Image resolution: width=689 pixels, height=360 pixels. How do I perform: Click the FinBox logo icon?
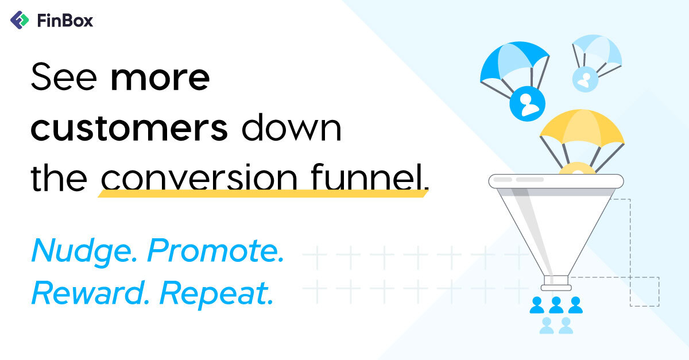click(x=20, y=21)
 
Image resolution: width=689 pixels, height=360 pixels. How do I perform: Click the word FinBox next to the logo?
click(x=64, y=21)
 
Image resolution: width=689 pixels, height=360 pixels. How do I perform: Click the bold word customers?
click(x=129, y=129)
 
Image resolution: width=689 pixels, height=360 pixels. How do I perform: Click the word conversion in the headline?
click(x=199, y=179)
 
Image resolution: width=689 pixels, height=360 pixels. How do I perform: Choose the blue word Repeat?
click(x=216, y=295)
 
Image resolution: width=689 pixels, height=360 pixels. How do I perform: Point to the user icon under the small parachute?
click(x=585, y=80)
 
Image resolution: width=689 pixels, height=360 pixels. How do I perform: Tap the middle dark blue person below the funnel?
click(x=556, y=305)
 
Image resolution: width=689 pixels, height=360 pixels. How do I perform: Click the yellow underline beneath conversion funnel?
click(x=264, y=193)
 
